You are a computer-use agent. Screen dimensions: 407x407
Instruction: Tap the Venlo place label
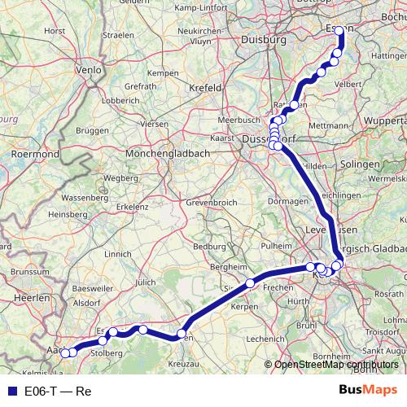89,70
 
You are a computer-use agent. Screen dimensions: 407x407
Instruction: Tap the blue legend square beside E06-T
9,391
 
